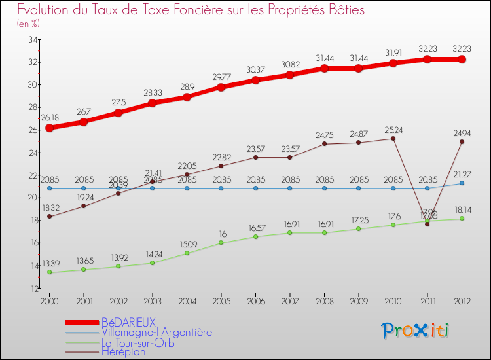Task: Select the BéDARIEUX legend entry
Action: [128, 322]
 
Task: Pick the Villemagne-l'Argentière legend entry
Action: [156, 332]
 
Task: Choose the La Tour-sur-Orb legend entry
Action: [138, 342]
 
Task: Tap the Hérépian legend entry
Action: [123, 351]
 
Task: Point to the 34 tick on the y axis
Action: [32, 39]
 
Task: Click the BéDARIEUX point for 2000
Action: [49, 128]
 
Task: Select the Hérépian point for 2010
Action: [393, 138]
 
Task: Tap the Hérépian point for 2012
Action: [462, 141]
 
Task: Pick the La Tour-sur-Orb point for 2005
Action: [221, 243]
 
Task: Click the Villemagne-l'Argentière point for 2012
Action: [462, 183]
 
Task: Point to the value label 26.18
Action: [50, 118]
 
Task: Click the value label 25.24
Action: [393, 129]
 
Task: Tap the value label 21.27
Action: [462, 173]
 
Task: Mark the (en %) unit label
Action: [28, 24]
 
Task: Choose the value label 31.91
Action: [393, 52]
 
